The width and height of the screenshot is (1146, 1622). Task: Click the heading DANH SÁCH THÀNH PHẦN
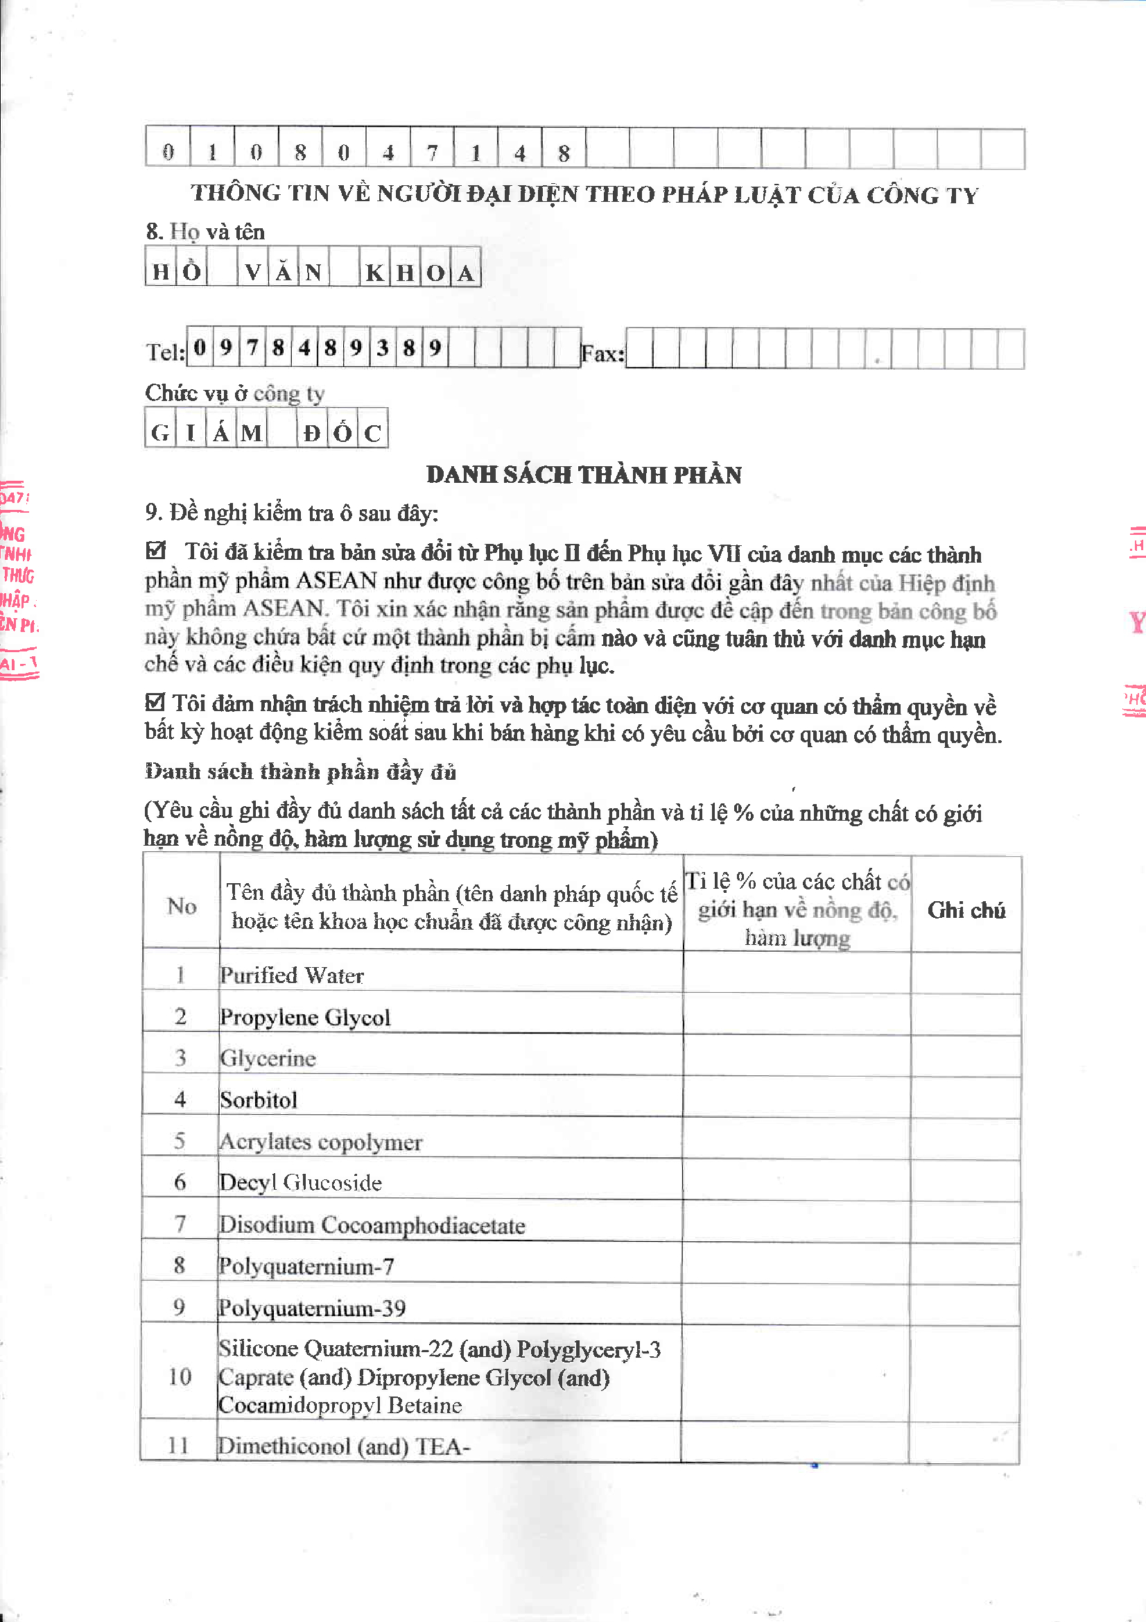coord(584,475)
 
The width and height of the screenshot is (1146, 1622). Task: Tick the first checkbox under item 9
coord(155,550)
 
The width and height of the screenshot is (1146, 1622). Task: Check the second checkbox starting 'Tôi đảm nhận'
coord(155,701)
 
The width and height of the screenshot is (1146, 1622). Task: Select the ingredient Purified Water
coord(292,975)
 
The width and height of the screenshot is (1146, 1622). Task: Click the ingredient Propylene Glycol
coord(305,1017)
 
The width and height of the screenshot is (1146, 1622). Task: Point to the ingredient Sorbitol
coord(259,1100)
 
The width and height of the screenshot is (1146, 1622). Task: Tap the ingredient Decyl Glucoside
coord(301,1183)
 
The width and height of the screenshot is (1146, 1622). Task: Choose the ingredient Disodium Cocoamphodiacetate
coord(372,1224)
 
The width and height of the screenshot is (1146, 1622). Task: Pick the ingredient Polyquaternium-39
coord(312,1308)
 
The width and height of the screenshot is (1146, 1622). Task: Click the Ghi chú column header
coord(966,910)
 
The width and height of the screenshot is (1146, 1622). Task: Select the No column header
coord(182,906)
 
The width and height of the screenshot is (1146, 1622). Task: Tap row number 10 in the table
coord(180,1376)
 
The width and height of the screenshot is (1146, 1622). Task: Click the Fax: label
coord(602,353)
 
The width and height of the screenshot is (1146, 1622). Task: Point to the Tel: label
coord(165,352)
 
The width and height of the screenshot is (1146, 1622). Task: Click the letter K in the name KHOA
coord(374,273)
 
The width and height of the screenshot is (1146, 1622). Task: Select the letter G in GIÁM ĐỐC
coord(160,433)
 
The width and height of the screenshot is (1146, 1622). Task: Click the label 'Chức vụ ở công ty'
coord(234,393)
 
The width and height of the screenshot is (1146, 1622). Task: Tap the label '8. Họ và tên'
coord(205,232)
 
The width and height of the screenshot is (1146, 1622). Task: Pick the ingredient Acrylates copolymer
coord(320,1142)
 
